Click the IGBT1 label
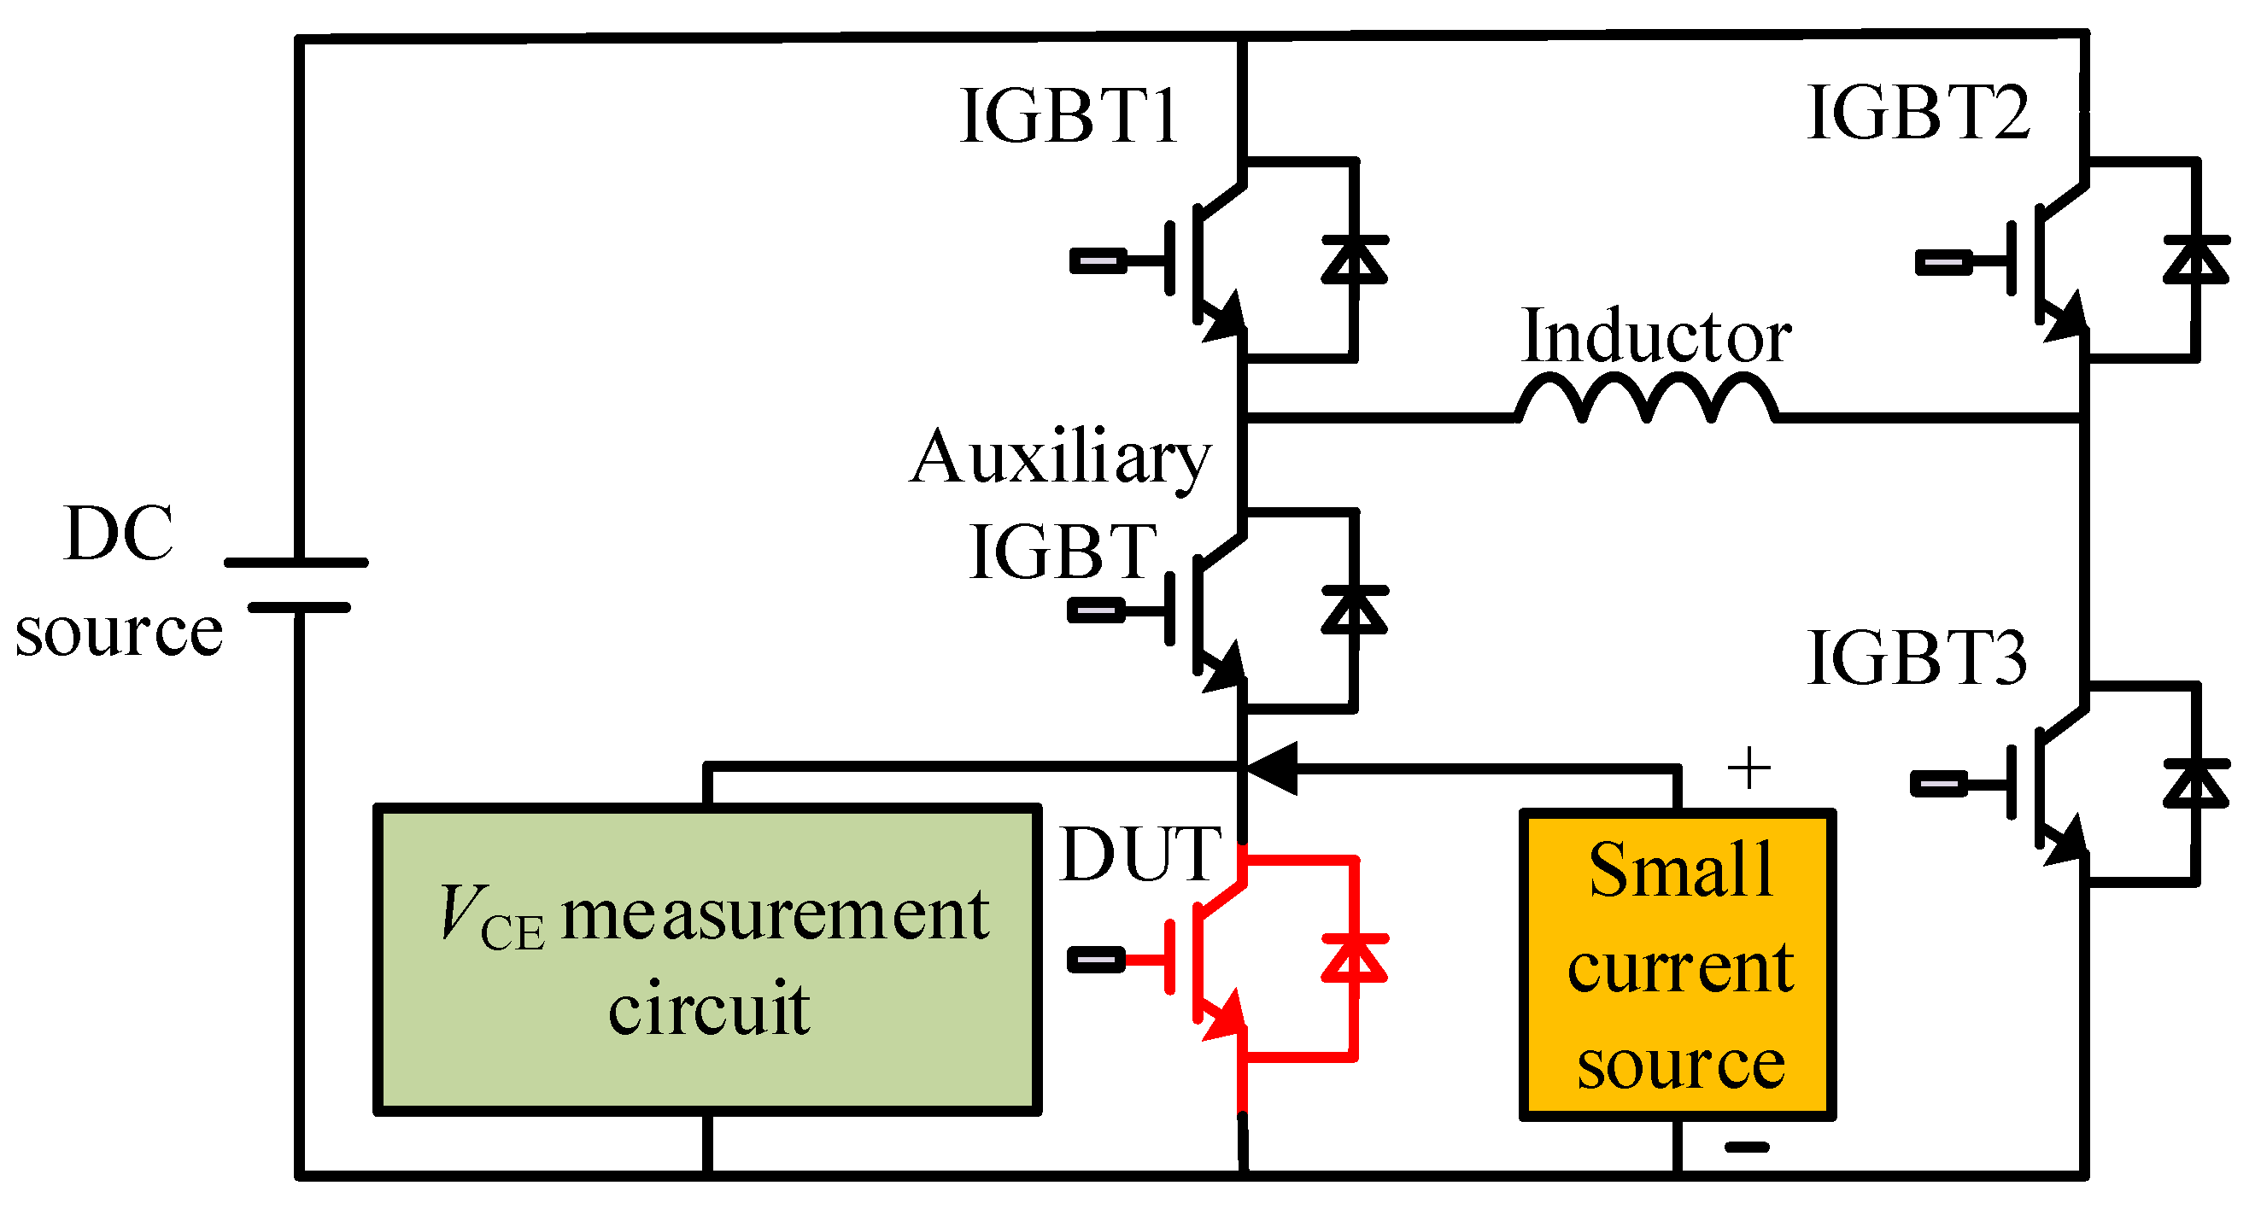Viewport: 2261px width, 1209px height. pos(1069,117)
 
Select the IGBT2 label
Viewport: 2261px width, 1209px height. pos(1918,114)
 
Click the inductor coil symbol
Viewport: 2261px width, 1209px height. pos(1647,400)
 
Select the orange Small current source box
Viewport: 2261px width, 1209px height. pos(1678,965)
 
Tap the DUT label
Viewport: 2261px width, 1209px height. pos(1140,855)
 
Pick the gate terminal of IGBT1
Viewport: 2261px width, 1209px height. pos(1097,260)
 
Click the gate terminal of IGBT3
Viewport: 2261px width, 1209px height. pos(1939,784)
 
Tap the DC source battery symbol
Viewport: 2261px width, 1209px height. pos(296,584)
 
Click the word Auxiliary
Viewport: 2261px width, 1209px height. pos(1060,458)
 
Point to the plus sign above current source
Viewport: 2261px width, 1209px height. pos(1748,768)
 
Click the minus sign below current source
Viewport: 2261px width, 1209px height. pos(1747,1147)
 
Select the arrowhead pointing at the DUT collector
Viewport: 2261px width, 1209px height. pos(1273,768)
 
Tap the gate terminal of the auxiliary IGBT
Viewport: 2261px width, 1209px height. pos(1095,610)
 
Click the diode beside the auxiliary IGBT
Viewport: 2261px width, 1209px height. pos(1355,610)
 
